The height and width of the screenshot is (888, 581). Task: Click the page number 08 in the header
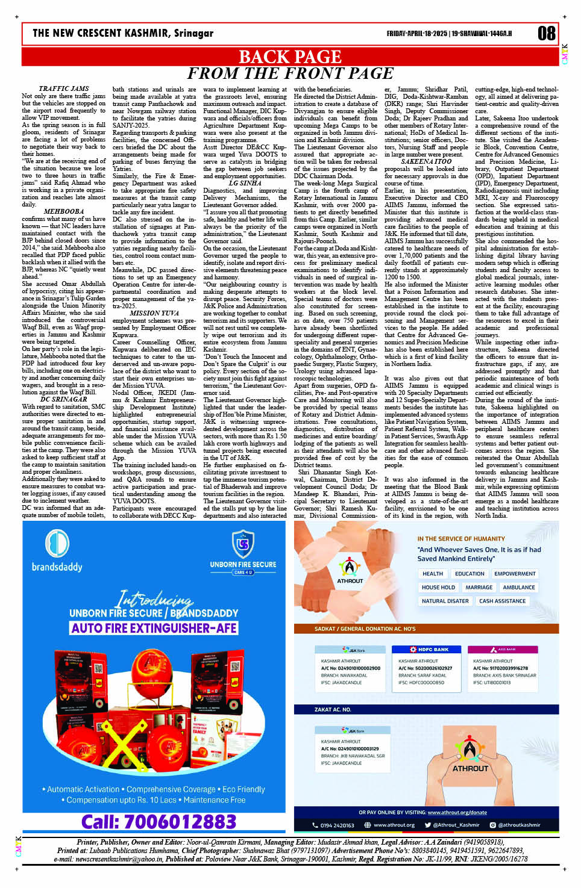[x=546, y=33]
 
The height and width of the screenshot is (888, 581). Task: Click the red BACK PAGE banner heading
[x=290, y=57]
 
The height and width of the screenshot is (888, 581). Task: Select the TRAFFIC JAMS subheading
[x=63, y=88]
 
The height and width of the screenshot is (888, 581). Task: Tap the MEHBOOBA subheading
[x=63, y=211]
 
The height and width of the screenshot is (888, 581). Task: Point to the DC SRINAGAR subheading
[x=63, y=399]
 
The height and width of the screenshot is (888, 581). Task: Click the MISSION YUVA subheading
[x=154, y=313]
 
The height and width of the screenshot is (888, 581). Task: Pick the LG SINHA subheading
[x=245, y=183]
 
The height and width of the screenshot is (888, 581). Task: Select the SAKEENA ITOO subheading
[x=426, y=161]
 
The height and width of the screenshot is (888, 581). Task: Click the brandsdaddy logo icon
[x=57, y=543]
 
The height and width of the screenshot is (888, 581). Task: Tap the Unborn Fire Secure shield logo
[x=243, y=544]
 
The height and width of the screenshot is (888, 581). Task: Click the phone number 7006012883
[x=159, y=821]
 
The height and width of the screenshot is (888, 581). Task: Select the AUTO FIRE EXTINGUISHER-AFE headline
[x=154, y=628]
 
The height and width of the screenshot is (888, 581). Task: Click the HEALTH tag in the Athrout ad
[x=432, y=574]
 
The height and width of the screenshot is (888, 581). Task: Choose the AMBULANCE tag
[x=518, y=587]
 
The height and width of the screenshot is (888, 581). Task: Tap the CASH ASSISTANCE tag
[x=502, y=601]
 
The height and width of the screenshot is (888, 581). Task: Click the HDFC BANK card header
[x=430, y=650]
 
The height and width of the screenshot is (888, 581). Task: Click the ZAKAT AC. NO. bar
[x=333, y=709]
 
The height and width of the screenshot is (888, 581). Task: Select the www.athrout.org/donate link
[x=457, y=812]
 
